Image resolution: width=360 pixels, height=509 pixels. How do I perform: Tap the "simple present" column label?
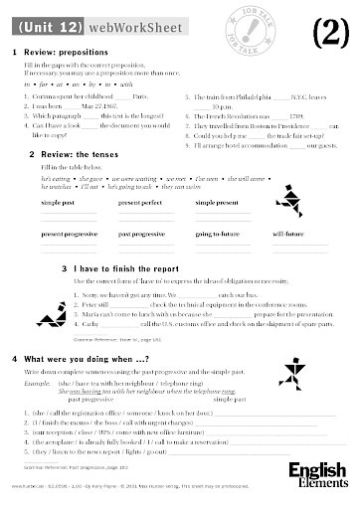[216, 202]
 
